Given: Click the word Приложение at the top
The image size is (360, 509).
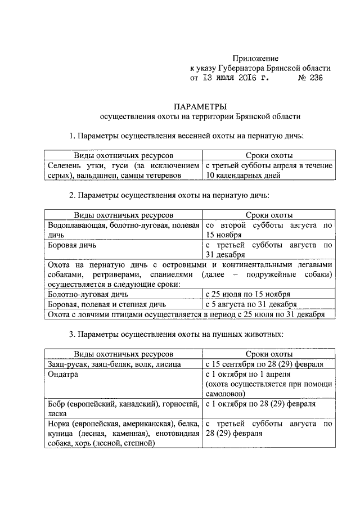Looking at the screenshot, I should pyautogui.click(x=256, y=58).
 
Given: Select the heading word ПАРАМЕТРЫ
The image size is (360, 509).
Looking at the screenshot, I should pyautogui.click(x=200, y=106).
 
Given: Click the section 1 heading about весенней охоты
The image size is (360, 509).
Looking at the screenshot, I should pyautogui.click(x=186, y=136).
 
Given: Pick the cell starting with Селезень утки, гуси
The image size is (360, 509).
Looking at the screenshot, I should pyautogui.click(x=123, y=171).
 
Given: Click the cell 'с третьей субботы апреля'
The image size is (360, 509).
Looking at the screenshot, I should pyautogui.click(x=269, y=171).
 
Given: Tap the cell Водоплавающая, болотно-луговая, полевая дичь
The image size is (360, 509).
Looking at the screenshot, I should pyautogui.click(x=123, y=230).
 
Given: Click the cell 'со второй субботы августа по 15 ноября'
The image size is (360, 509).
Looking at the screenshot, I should pyautogui.click(x=269, y=230).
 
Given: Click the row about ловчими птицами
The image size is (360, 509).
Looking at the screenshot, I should pyautogui.click(x=186, y=314).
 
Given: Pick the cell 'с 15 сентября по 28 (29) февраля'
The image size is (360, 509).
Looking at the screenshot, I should pyautogui.click(x=264, y=364).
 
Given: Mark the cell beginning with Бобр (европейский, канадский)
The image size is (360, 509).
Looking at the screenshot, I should pyautogui.click(x=123, y=408).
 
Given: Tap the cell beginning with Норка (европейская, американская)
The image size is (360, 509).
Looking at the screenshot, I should pyautogui.click(x=123, y=434).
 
